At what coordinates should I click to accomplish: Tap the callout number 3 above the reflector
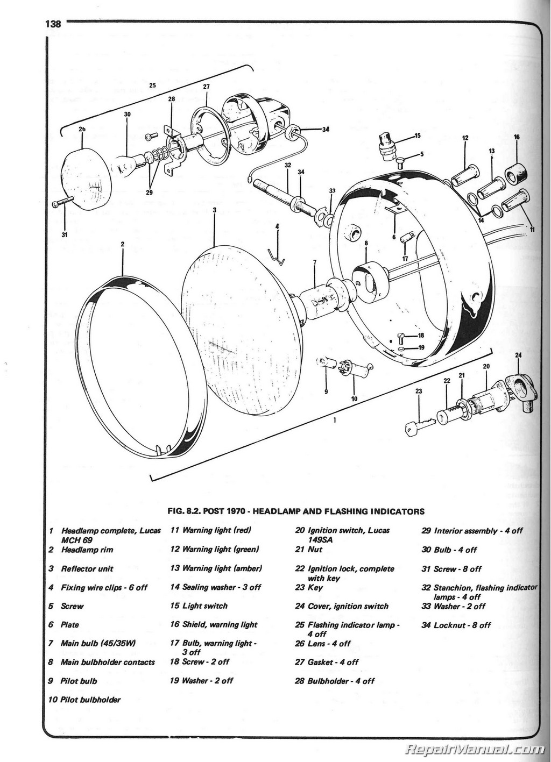[214, 209]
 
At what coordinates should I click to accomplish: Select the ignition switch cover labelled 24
[524, 391]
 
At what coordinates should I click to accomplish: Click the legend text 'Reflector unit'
[87, 568]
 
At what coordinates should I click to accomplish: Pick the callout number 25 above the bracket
[152, 86]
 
